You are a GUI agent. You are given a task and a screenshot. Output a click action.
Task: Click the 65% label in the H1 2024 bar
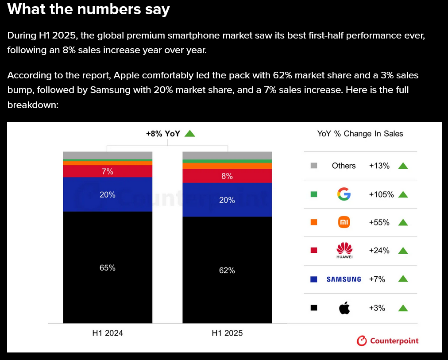pos(107,267)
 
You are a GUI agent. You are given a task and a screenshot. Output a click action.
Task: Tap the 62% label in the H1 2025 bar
pos(227,270)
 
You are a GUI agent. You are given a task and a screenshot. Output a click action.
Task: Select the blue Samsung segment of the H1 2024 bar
pos(107,194)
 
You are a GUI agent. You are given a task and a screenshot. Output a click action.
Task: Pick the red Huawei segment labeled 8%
pos(227,176)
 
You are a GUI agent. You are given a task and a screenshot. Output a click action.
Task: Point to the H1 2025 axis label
pos(227,333)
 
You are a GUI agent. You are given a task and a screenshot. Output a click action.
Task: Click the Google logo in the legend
pos(344,194)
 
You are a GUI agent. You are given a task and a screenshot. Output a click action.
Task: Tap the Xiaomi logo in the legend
pos(344,222)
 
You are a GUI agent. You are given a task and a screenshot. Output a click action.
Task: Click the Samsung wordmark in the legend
pos(344,279)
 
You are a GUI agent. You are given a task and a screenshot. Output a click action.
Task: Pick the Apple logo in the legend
pos(344,308)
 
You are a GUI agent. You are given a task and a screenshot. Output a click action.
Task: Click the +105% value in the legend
pos(381,194)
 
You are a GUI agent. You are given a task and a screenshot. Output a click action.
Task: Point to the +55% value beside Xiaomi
pos(379,222)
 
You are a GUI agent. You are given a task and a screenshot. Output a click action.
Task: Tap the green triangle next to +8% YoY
pos(190,133)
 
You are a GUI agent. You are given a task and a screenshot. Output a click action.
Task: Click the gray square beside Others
pos(314,166)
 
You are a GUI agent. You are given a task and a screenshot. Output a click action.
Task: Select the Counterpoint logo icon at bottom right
pos(362,341)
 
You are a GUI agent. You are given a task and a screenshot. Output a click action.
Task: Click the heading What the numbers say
pos(89,9)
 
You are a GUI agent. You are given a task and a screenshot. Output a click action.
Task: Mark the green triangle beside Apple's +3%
pos(403,308)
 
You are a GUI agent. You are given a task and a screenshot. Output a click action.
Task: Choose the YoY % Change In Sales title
pos(360,134)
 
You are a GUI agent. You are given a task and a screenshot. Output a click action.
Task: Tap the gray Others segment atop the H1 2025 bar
pos(227,155)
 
